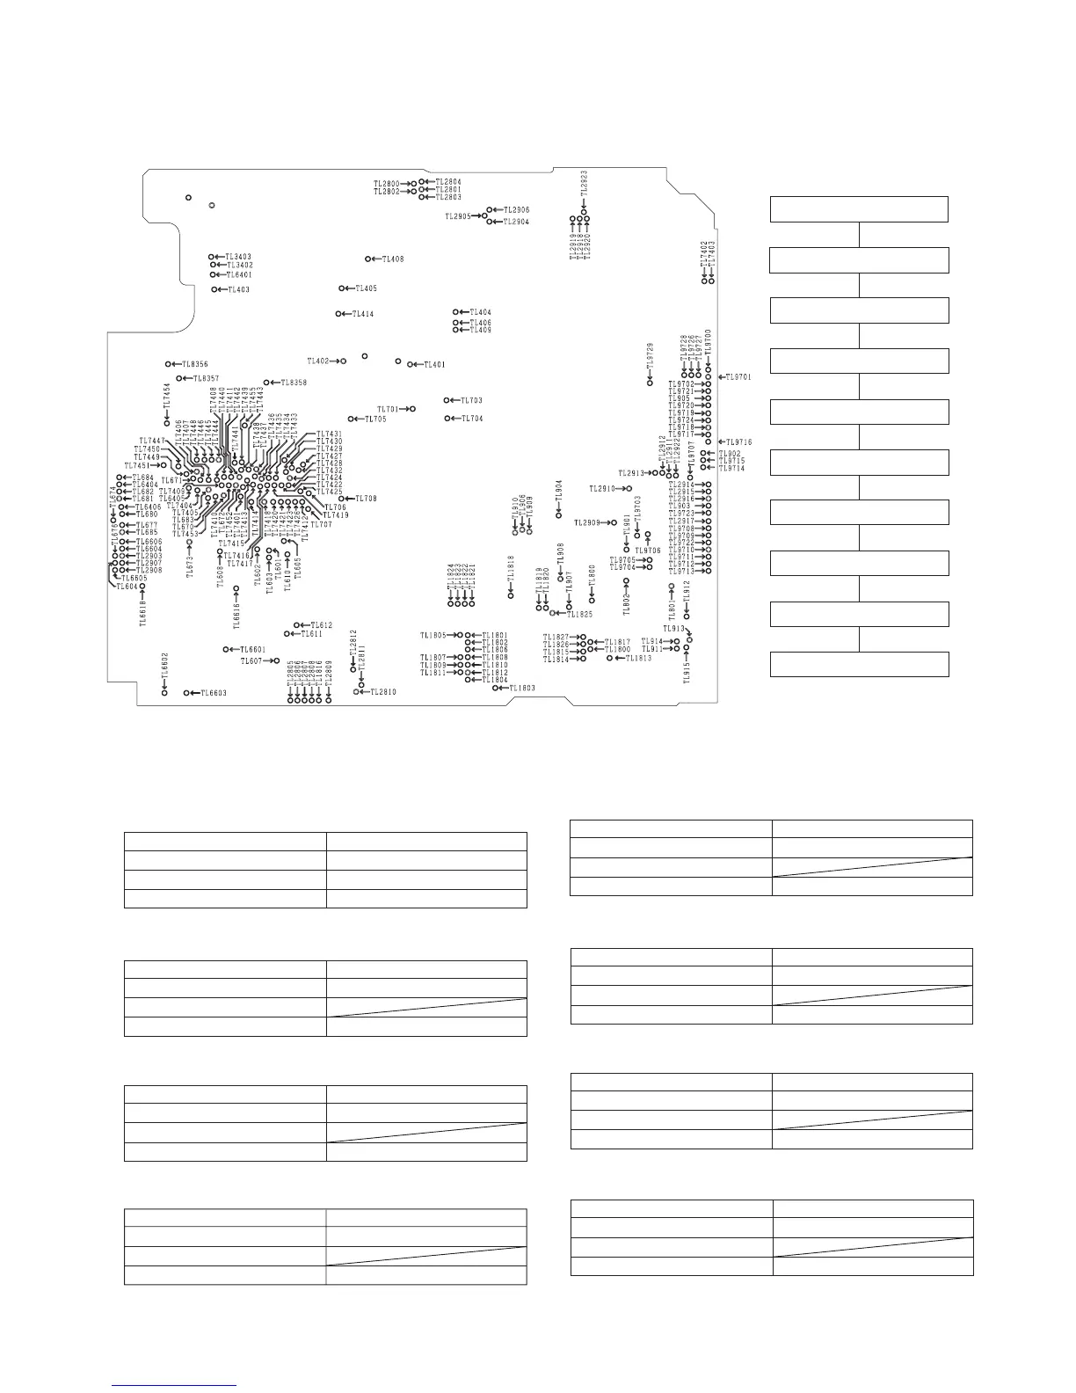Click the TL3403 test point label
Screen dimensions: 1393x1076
[x=239, y=258]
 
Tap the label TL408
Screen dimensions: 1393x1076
[x=393, y=259]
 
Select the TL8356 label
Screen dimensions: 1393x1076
[x=195, y=365]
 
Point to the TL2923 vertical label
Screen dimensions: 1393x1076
[x=584, y=187]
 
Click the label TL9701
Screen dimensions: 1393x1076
[x=738, y=377]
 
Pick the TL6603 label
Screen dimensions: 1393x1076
[x=214, y=694]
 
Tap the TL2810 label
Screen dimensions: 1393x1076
[x=382, y=692]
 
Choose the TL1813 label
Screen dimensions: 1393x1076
[x=639, y=659]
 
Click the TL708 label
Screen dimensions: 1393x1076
[x=366, y=500]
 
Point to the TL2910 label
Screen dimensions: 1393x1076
[x=602, y=489]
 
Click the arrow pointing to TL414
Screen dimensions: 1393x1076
[x=347, y=314]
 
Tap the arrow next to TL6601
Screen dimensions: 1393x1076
[x=235, y=650]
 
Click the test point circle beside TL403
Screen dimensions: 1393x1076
[x=214, y=289]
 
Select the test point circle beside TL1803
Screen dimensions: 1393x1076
[x=496, y=688]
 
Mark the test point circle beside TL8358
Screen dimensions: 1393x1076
[x=266, y=383]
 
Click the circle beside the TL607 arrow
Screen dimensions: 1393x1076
[x=276, y=660]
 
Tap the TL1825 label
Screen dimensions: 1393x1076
[x=579, y=614]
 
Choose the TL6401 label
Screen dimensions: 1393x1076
[x=239, y=275]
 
